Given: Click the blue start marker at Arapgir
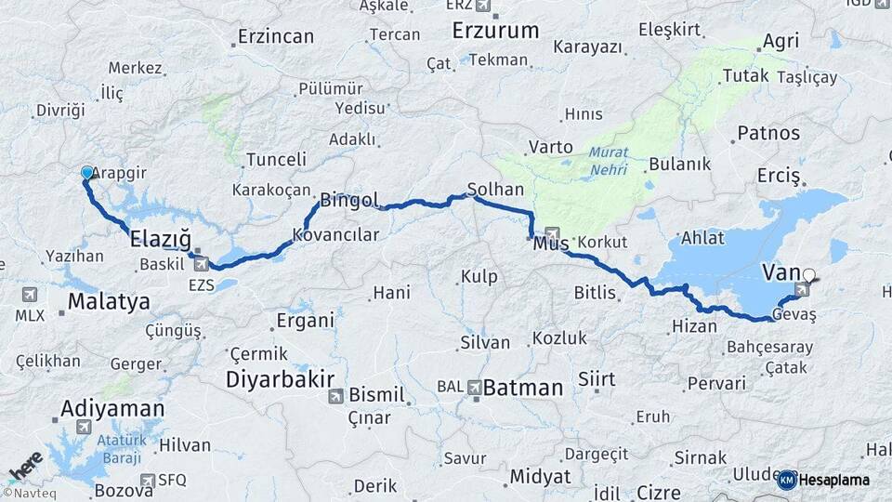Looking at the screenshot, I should tap(87, 173).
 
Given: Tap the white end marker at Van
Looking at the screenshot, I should tap(808, 275).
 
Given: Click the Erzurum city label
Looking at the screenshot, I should tap(495, 30).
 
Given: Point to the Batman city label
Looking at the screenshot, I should tap(523, 388).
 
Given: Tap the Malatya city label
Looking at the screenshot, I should tap(109, 302).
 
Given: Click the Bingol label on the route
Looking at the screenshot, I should tap(348, 200).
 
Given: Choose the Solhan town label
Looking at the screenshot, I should tap(495, 189).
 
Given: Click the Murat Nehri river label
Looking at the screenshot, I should tap(607, 160).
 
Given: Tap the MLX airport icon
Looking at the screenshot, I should tap(30, 295).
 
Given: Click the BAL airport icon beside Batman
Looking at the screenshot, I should tap(475, 386).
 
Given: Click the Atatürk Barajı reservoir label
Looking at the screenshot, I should tap(109, 450).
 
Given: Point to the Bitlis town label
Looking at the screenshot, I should tap(595, 293).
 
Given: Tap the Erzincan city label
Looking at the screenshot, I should tap(275, 37).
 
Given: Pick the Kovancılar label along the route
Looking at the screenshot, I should tap(335, 235).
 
